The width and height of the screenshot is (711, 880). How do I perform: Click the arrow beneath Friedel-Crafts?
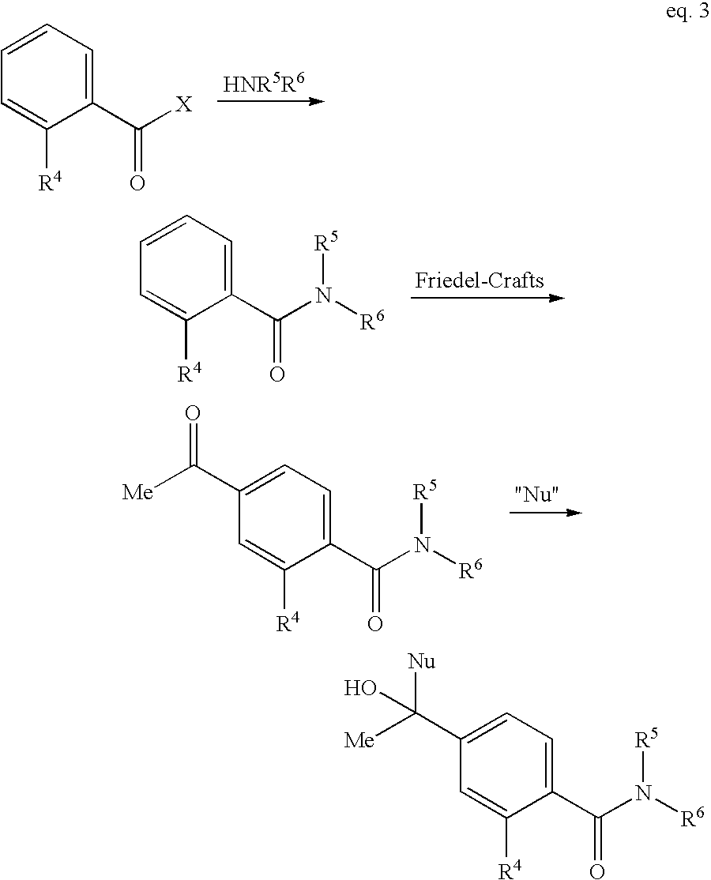click(x=487, y=298)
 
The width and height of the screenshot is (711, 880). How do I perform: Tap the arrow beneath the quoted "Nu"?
click(x=544, y=513)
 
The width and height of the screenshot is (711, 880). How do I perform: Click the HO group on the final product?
click(x=359, y=688)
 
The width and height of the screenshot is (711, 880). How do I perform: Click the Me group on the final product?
click(x=359, y=741)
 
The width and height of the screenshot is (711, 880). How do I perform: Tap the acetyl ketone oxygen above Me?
click(x=192, y=413)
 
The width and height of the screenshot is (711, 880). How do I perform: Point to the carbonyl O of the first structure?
click(x=137, y=184)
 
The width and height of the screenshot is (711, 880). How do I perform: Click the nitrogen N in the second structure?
click(x=322, y=295)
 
